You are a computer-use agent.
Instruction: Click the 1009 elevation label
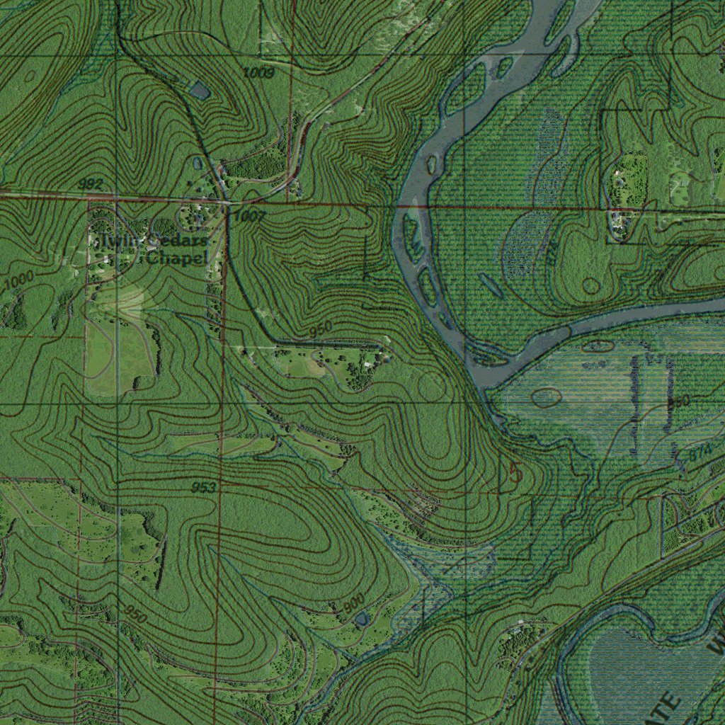(x=258, y=72)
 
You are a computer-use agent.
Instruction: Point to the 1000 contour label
(x=18, y=281)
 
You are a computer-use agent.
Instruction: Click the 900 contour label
(x=353, y=603)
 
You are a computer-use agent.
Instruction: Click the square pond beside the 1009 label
(x=200, y=91)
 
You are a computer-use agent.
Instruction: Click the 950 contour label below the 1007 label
(x=320, y=330)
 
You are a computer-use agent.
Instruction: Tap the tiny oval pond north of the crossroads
(x=198, y=164)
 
